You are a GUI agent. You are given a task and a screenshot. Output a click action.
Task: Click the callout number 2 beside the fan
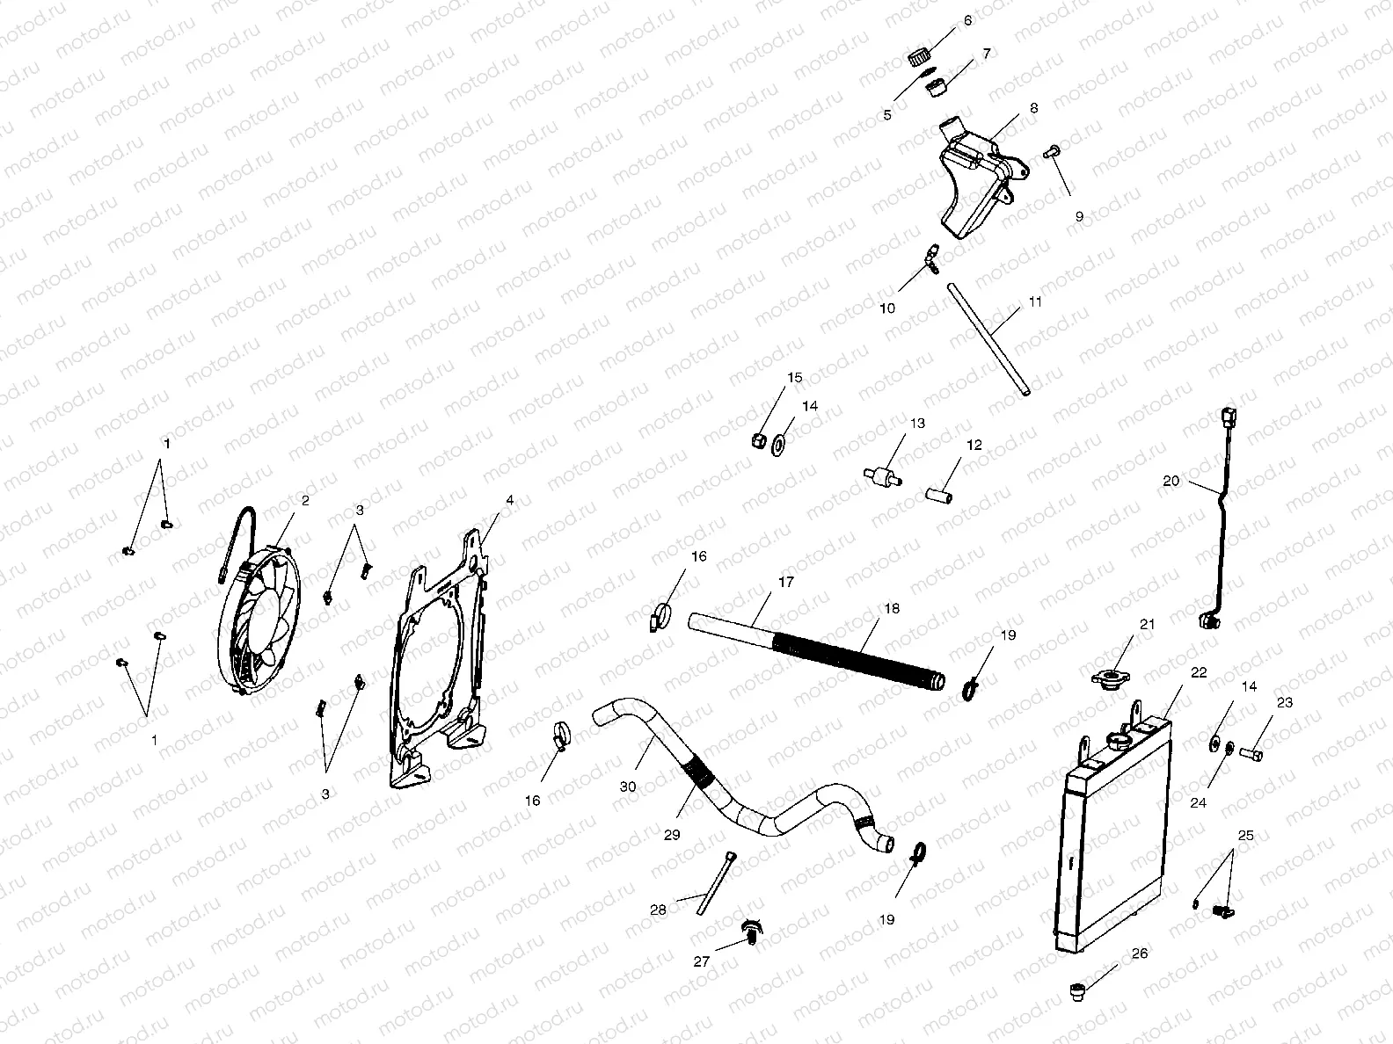(x=304, y=501)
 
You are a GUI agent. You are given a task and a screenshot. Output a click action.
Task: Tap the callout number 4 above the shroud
(x=509, y=501)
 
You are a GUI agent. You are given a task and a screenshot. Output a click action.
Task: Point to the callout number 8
(x=1033, y=108)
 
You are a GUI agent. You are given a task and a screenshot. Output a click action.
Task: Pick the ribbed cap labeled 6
(x=918, y=59)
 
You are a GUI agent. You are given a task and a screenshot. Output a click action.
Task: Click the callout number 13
(x=917, y=424)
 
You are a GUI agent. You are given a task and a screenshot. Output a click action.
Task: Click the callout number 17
(x=785, y=583)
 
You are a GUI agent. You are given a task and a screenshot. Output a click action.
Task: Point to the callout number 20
(x=1171, y=482)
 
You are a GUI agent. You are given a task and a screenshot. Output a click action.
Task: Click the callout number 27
(x=701, y=962)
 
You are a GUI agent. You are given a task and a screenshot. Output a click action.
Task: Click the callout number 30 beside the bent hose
(x=627, y=787)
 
